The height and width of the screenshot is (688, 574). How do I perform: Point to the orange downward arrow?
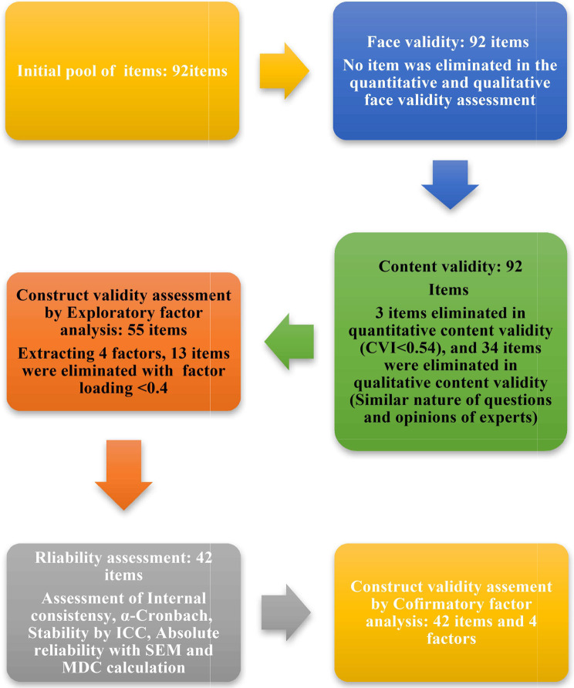point(122,482)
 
